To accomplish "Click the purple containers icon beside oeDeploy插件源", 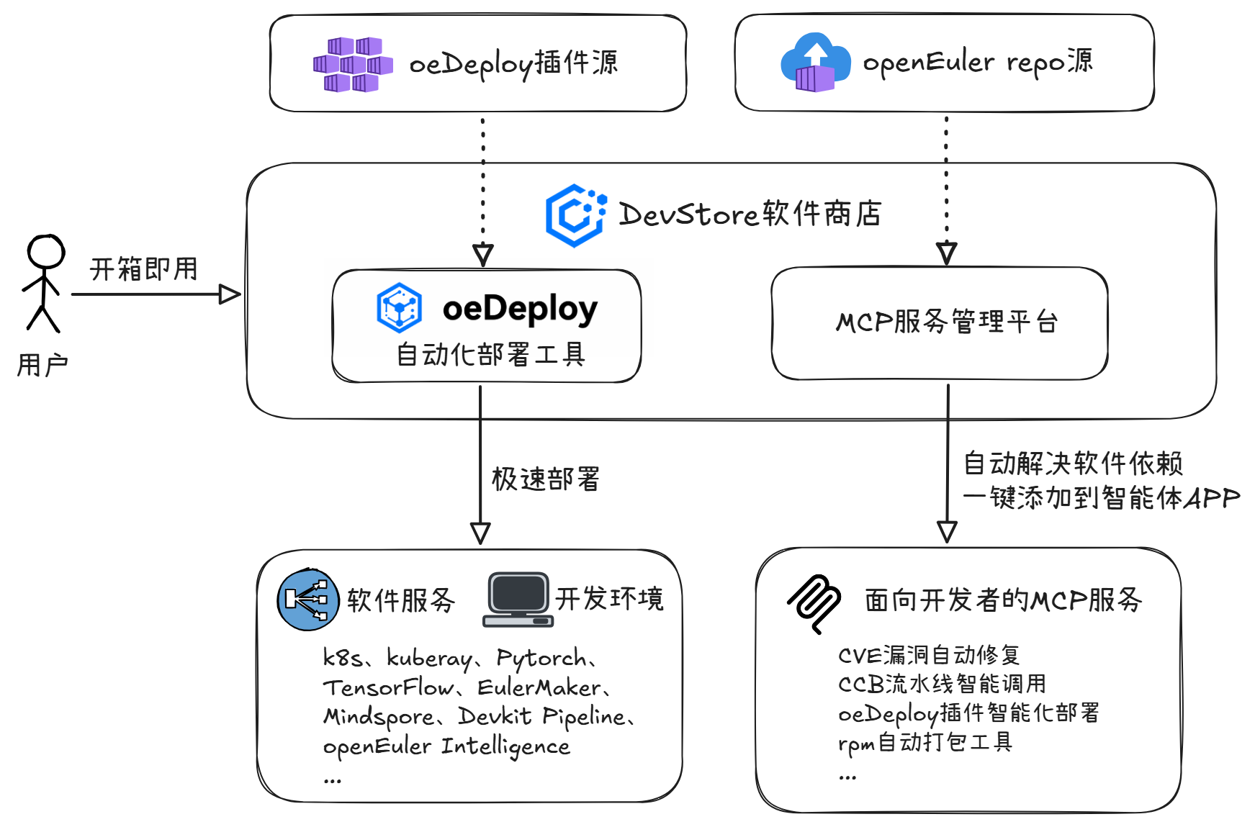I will [353, 65].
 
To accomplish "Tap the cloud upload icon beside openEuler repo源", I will [815, 63].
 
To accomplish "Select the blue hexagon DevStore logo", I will [575, 215].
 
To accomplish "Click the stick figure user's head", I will [46, 251].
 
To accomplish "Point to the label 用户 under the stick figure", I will [42, 365].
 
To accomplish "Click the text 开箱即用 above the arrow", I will [144, 269].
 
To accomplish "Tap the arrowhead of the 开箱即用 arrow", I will [230, 294].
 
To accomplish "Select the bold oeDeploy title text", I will [520, 309].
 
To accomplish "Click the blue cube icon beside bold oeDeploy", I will [399, 308].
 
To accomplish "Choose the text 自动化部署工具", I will [491, 354].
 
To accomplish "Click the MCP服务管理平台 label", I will [946, 322].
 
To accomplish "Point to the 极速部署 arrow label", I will [545, 479].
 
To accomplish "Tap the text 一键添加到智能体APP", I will [1101, 497].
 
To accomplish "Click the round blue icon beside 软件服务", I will [308, 600].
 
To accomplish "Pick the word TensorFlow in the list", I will [388, 687].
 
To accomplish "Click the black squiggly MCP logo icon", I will [814, 604].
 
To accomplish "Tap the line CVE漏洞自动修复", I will [929, 655].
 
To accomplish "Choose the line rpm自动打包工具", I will [925, 742].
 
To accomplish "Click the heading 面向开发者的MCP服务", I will [1003, 600].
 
